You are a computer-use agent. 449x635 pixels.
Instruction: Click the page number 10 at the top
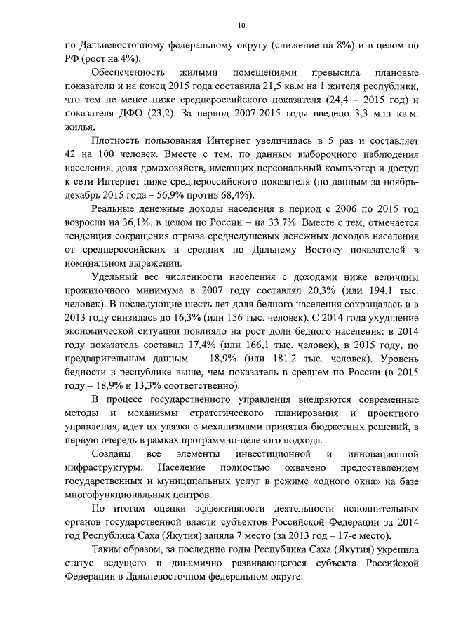[241, 26]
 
